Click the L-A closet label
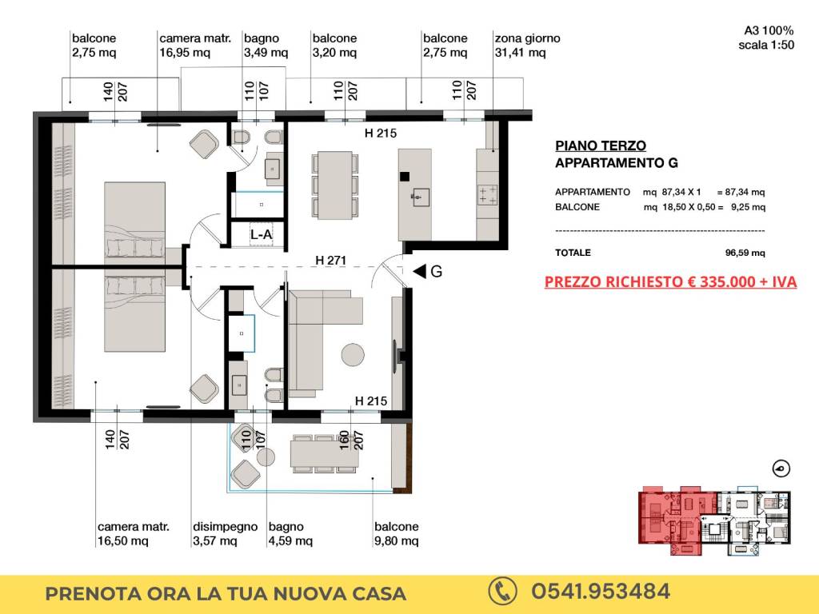coord(262,235)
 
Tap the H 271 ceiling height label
coord(330,260)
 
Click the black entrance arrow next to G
coord(419,271)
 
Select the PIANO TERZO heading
coord(601,146)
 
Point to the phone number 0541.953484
coord(601,592)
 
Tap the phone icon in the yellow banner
coord(502,592)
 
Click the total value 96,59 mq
coord(745,253)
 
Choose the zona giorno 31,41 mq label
coord(528,46)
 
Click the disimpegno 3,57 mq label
coord(225,533)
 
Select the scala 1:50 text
coord(766,45)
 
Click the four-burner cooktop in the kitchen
coord(488,195)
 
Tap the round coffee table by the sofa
coord(353,354)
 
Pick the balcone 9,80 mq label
coord(397,533)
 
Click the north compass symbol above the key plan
coord(781,468)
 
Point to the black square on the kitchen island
coord(404,177)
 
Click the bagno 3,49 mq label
coord(266,46)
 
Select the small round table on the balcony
coord(266,457)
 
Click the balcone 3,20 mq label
coord(335,46)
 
